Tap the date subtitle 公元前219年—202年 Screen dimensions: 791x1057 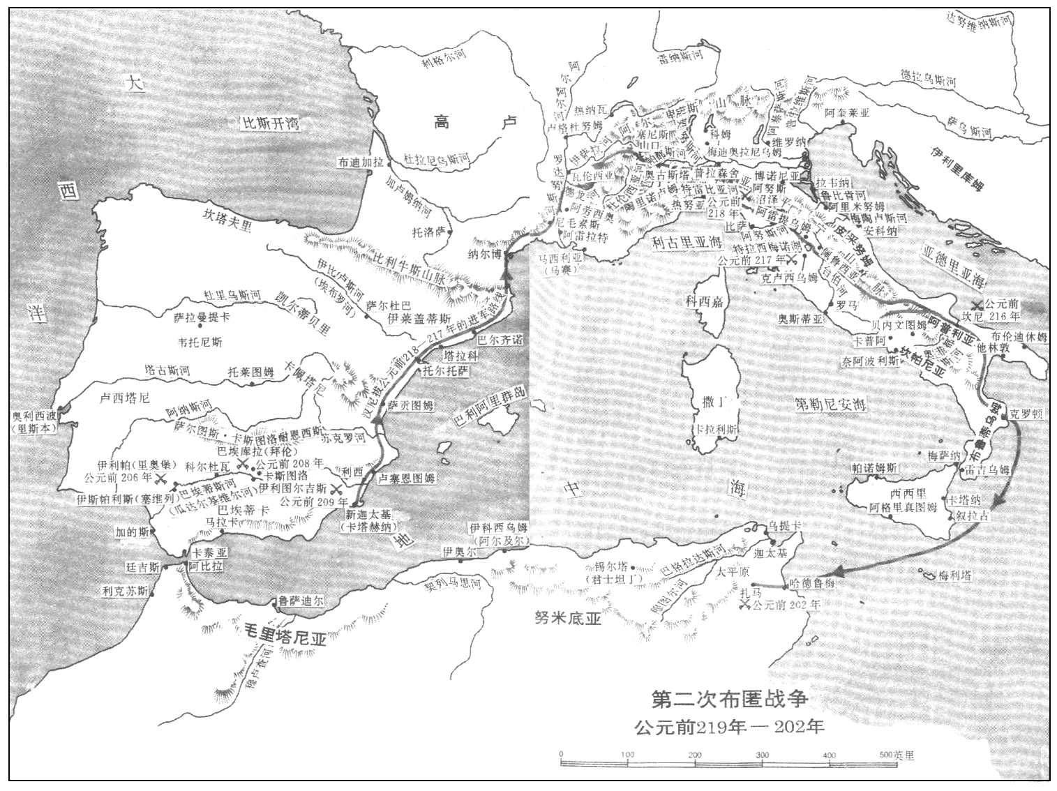coord(729,726)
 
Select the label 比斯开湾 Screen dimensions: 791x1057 coord(270,123)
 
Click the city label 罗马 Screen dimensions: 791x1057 coord(847,306)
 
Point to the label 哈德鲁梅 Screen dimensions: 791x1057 coord(810,583)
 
